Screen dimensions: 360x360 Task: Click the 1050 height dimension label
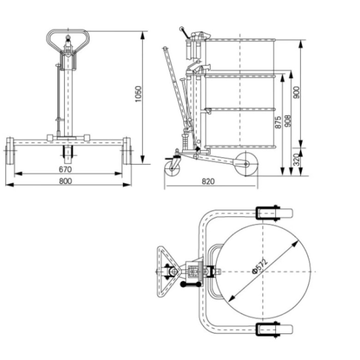point(138,94)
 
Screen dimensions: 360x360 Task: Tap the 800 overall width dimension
point(66,181)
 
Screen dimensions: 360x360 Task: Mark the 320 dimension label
point(296,161)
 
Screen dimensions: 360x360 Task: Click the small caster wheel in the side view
point(173,166)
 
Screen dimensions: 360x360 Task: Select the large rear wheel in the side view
point(245,165)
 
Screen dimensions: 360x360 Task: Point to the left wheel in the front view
point(10,151)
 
